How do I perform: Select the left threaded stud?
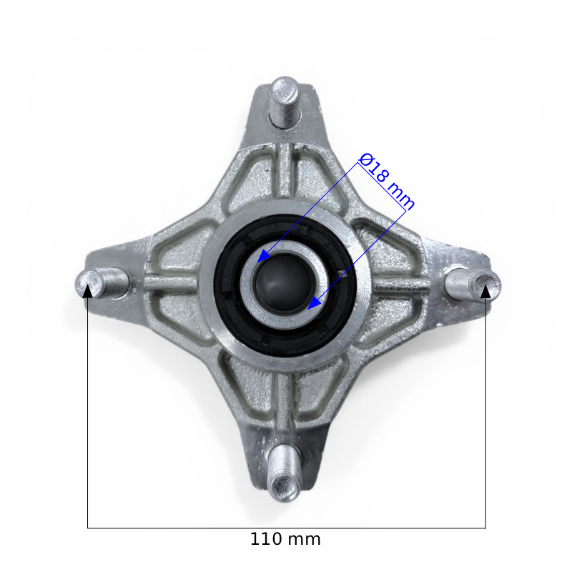102,282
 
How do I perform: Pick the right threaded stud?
473,284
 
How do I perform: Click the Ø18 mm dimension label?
387,182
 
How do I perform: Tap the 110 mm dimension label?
285,539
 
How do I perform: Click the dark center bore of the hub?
284,283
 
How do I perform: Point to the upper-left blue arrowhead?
265,256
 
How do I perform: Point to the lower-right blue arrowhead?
314,302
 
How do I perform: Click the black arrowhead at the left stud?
87,291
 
